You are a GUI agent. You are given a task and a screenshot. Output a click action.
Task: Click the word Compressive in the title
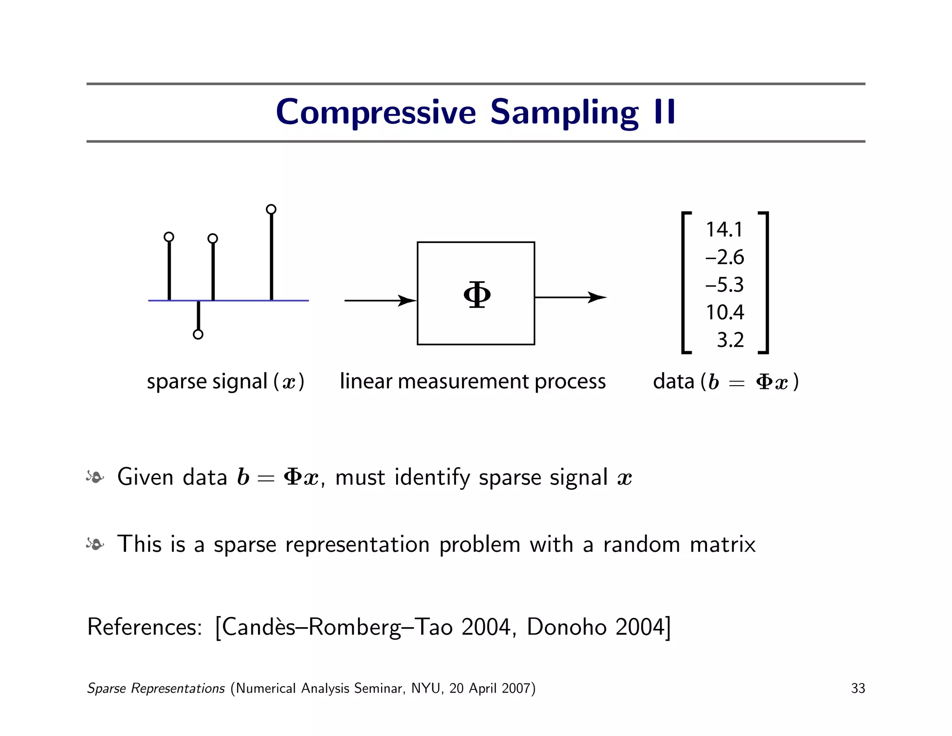coord(376,113)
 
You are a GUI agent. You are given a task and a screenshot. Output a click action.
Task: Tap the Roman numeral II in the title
coord(664,112)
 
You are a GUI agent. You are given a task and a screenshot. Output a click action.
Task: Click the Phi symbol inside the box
coord(477,294)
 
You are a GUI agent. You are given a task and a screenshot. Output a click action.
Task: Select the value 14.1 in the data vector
coord(724,229)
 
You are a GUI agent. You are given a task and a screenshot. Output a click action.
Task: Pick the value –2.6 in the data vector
coord(724,257)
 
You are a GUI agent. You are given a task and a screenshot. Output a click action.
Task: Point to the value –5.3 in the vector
coord(724,285)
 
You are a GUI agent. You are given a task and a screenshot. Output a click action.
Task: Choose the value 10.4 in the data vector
coord(725,312)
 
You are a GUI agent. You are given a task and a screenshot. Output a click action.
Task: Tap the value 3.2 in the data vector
coord(730,340)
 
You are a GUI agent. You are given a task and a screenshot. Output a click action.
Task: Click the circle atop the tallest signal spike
coord(271,209)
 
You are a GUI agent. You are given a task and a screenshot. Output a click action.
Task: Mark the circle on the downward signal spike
coord(198,335)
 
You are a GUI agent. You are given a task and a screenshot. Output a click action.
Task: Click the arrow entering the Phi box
coord(380,301)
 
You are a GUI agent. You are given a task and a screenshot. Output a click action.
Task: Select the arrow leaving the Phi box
coord(571,297)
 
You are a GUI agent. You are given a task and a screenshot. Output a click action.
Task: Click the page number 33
coord(858,688)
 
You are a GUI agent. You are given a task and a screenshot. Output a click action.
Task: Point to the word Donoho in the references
coord(566,627)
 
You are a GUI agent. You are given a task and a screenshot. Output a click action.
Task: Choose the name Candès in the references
coord(258,627)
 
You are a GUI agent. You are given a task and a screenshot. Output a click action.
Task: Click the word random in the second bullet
coord(641,544)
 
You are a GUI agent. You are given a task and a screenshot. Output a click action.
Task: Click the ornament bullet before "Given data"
coord(95,477)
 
